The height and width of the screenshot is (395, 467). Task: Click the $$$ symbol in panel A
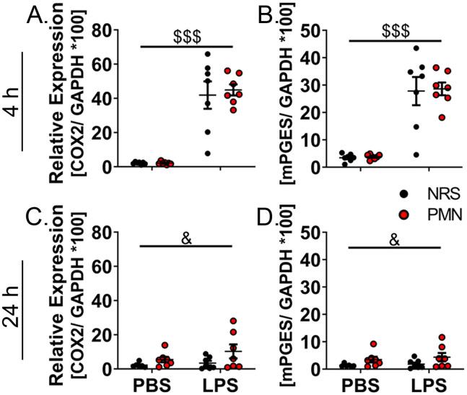[186, 36]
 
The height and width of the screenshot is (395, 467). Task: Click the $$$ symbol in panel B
[394, 36]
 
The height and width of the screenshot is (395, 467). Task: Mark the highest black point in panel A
[207, 54]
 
